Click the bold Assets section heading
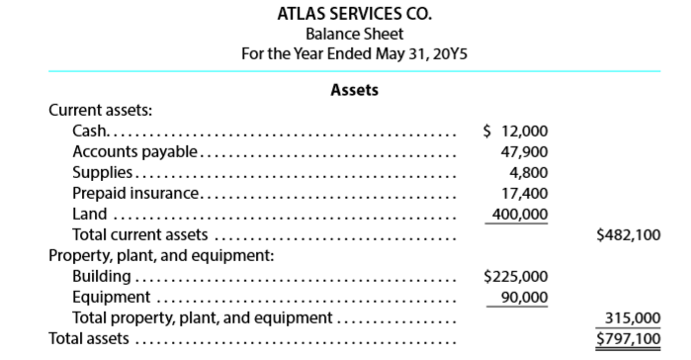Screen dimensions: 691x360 point(354,90)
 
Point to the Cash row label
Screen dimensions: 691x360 point(90,132)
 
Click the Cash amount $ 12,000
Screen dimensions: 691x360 point(514,132)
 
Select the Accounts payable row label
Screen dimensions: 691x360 point(135,151)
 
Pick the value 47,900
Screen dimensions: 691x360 point(524,151)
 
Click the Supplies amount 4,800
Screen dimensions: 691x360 point(528,171)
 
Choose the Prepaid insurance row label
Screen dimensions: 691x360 point(135,192)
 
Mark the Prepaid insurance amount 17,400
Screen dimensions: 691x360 point(524,192)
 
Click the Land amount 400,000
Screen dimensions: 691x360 point(520,214)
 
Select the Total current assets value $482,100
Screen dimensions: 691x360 point(629,235)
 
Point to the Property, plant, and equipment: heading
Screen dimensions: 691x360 point(160,255)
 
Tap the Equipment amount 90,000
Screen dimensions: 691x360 point(524,297)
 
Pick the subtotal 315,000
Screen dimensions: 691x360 point(633,318)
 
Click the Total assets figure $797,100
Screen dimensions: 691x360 point(629,339)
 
